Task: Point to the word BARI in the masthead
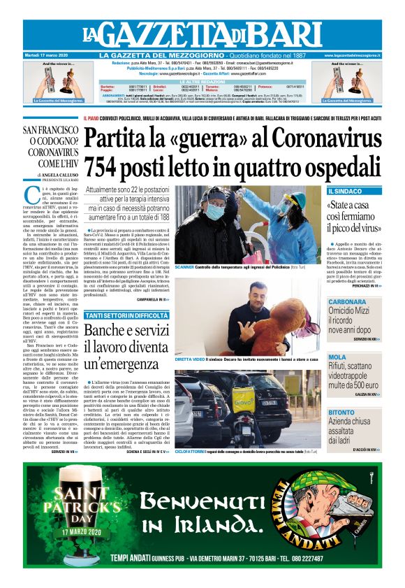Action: tap(269, 33)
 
